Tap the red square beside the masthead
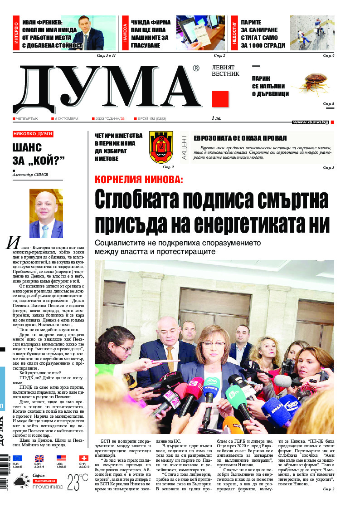tap(220, 99)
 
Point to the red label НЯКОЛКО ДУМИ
tap(33, 134)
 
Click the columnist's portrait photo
tap(46, 213)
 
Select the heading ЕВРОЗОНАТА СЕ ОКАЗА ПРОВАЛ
tap(240, 138)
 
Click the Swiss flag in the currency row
tap(84, 459)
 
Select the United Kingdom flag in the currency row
tap(39, 459)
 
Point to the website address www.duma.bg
tap(310, 122)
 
